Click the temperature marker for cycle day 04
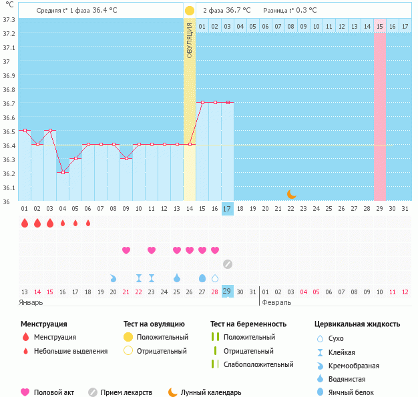63,172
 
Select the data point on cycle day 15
202,102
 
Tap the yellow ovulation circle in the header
190,11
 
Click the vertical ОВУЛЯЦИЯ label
190,40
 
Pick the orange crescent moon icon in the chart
292,193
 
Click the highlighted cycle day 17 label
228,209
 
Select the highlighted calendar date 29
228,292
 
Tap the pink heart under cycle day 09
126,250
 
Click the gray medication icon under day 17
228,264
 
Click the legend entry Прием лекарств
126,392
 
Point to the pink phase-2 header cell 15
379,26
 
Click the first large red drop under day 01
25,223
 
